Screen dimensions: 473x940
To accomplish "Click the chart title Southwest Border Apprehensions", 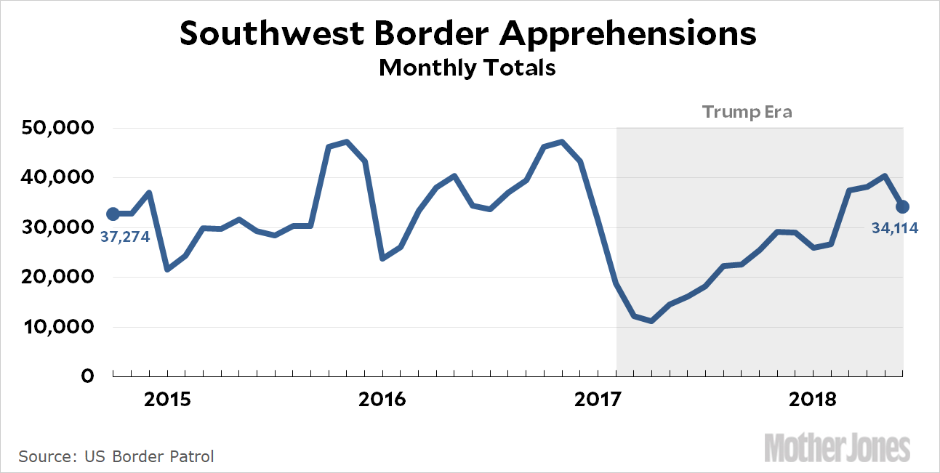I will (x=468, y=34).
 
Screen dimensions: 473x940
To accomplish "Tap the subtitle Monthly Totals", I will (x=467, y=68).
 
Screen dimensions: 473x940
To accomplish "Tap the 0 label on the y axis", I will (x=87, y=376).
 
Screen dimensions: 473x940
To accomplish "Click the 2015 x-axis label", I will (x=167, y=400).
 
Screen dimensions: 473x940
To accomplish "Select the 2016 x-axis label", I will (x=382, y=400).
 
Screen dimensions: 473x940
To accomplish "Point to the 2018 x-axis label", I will (x=812, y=400).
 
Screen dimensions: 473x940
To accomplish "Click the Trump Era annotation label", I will (x=747, y=113).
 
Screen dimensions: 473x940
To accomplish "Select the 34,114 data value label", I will (x=894, y=228).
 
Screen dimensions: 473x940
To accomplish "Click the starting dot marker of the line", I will (x=113, y=214).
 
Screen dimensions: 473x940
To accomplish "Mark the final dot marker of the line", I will (x=902, y=207).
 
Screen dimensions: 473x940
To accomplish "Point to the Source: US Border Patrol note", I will (x=116, y=457).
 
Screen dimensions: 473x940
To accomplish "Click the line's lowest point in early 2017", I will (x=651, y=320).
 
